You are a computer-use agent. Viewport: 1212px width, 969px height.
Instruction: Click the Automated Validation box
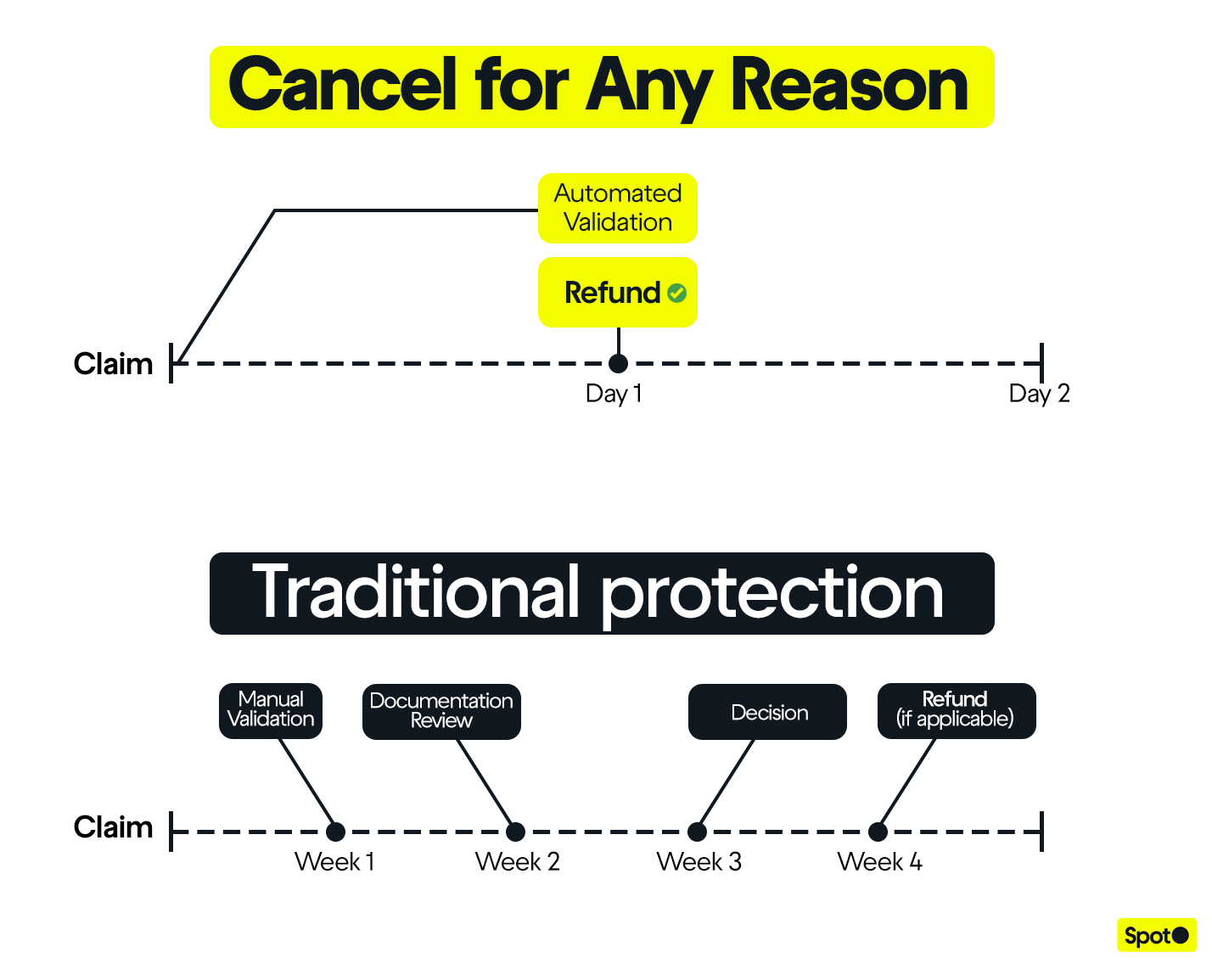(x=617, y=208)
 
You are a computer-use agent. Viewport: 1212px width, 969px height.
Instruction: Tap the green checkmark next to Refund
(x=677, y=293)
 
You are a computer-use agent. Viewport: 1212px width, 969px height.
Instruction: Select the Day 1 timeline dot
(x=619, y=363)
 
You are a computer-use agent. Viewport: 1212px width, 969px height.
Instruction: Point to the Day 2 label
(x=1039, y=394)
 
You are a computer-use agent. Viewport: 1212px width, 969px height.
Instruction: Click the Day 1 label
(x=614, y=394)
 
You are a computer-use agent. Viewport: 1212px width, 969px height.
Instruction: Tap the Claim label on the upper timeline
(x=113, y=364)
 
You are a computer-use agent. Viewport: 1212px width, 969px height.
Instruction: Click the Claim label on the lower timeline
(x=113, y=827)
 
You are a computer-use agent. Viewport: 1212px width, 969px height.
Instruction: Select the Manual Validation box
(x=271, y=710)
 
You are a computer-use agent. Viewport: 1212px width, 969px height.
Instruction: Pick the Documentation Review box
(x=441, y=711)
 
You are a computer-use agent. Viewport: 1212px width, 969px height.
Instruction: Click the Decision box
(x=767, y=712)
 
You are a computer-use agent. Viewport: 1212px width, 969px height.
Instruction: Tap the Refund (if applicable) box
(x=956, y=710)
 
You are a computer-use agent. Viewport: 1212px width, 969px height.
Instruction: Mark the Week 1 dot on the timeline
(x=335, y=832)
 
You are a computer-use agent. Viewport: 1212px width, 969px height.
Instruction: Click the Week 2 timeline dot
(x=515, y=832)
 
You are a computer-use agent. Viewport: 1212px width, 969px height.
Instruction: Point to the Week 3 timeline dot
(x=697, y=832)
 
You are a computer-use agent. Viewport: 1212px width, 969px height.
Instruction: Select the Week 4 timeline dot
(x=878, y=832)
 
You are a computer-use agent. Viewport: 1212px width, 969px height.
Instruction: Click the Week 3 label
(x=699, y=862)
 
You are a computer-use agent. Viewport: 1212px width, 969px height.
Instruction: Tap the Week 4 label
(x=879, y=862)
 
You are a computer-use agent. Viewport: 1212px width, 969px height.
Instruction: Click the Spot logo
(x=1156, y=936)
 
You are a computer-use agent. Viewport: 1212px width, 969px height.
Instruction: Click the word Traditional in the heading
(x=416, y=593)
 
